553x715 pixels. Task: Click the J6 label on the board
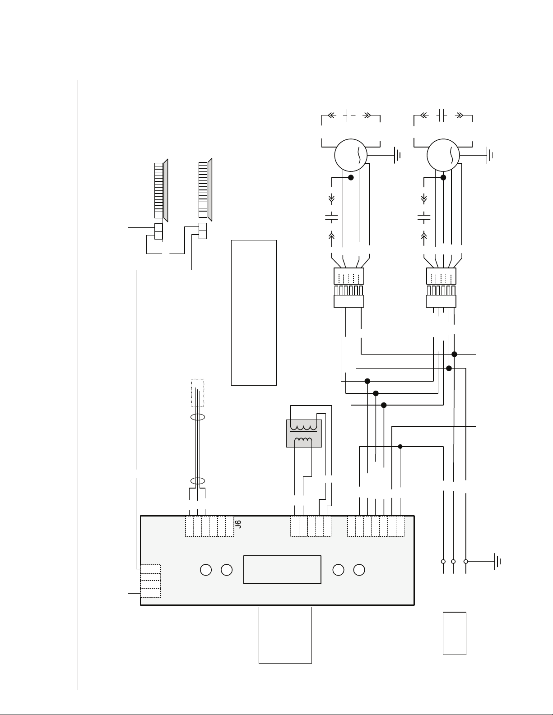[x=239, y=524]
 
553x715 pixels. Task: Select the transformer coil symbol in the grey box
[x=303, y=434]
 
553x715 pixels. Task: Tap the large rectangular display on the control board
[x=282, y=570]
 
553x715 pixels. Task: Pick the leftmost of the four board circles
[x=206, y=570]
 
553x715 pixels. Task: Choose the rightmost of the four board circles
[x=359, y=570]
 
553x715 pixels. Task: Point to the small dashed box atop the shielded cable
[x=198, y=392]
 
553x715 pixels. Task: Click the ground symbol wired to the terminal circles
[x=497, y=561]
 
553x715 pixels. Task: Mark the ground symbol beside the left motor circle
[x=397, y=155]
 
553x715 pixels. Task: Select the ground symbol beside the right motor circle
[x=489, y=155]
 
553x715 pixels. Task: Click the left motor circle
[x=351, y=155]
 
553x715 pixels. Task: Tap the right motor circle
[x=443, y=155]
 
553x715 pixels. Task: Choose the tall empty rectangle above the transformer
[x=254, y=313]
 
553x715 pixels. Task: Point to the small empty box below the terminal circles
[x=454, y=633]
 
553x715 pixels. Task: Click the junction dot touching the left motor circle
[x=351, y=177]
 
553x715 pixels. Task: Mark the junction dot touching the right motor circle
[x=443, y=177]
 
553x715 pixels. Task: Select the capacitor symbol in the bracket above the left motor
[x=349, y=115]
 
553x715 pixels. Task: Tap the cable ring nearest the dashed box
[x=198, y=417]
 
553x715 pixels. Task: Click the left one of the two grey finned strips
[x=161, y=190]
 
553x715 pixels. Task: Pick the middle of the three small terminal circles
[x=453, y=561]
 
